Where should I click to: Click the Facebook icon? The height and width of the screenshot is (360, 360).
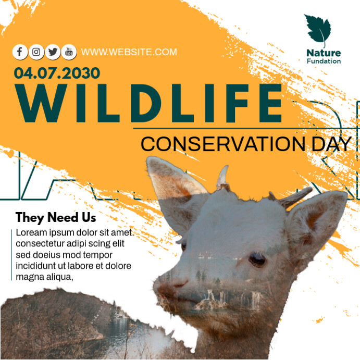pos(20,52)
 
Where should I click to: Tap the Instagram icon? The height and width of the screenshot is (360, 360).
pos(36,52)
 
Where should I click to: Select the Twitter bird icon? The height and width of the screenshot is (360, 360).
pos(53,52)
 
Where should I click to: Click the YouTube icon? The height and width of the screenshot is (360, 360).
pos(69,52)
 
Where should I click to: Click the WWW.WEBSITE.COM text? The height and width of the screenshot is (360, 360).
pos(129,52)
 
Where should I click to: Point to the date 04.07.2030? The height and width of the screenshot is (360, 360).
pos(57,73)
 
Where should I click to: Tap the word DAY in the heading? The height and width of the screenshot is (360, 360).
pos(331,144)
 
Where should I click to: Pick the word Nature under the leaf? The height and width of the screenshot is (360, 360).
pos(323,53)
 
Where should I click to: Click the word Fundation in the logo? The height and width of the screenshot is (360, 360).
pos(324,61)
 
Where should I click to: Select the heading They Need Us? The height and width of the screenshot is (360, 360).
pos(56,217)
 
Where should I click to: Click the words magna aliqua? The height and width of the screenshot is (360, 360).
pos(44,277)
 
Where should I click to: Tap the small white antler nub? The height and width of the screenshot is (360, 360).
pos(223,177)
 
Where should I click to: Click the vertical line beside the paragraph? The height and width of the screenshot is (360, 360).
pos(11,254)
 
